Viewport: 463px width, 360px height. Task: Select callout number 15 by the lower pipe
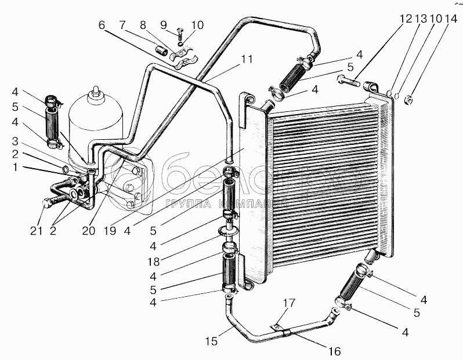(x=212, y=341)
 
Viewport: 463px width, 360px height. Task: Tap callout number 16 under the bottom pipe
(x=334, y=351)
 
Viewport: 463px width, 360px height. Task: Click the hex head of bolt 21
(x=47, y=204)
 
